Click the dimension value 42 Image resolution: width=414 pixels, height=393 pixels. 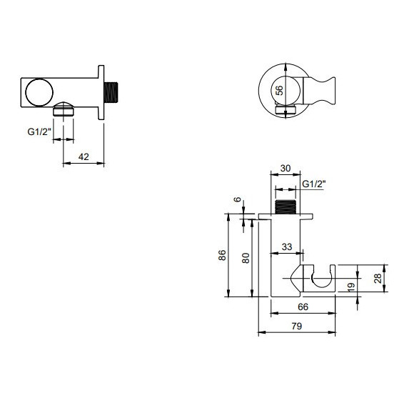(84, 155)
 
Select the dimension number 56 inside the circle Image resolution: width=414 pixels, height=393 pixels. (279, 91)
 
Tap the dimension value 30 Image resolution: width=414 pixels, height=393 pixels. (286, 169)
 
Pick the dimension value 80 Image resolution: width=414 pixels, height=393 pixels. (246, 259)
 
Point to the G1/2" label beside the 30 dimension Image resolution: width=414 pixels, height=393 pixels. (314, 184)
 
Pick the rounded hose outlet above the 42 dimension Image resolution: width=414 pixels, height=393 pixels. (64, 110)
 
